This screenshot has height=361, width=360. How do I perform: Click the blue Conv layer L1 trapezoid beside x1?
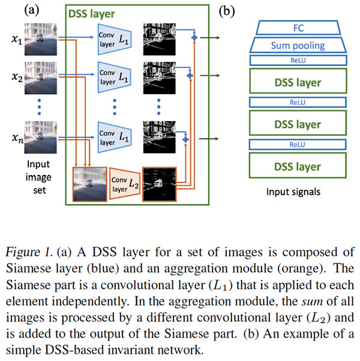[x=112, y=38]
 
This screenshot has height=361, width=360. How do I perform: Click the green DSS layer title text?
[x=92, y=13]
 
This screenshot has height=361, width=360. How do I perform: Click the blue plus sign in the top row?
[x=193, y=38]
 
